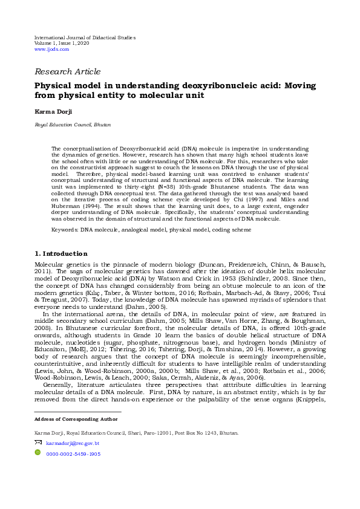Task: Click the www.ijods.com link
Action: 52,49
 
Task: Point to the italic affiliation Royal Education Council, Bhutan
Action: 72,125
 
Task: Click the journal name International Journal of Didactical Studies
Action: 85,37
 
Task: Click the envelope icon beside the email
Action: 38,443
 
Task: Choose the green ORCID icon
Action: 38,453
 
